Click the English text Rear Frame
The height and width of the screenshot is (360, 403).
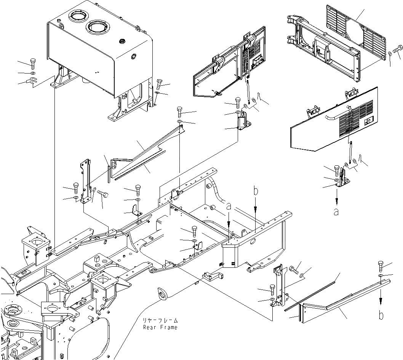(x=160, y=327)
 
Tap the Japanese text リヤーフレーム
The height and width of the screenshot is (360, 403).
(x=160, y=320)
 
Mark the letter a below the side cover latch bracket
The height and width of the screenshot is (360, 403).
(x=336, y=212)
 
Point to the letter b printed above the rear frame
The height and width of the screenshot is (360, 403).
(x=256, y=189)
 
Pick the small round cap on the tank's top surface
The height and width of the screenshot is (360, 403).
(x=122, y=41)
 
